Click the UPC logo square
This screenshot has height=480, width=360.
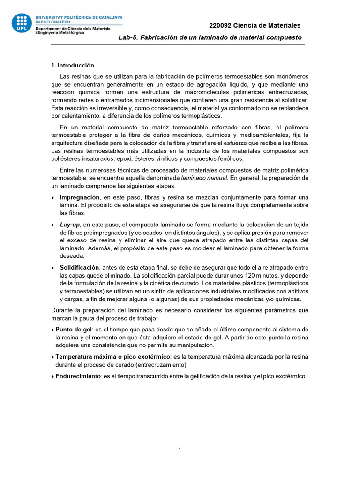click(22, 22)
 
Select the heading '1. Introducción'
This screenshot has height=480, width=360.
click(72, 65)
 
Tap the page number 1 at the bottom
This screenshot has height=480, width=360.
click(180, 450)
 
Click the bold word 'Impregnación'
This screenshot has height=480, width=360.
click(80, 197)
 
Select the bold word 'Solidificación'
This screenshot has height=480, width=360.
click(80, 267)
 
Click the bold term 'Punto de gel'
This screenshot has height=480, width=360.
click(74, 329)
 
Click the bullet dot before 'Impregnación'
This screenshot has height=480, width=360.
click(52, 198)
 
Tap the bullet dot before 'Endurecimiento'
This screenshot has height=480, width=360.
click(52, 376)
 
